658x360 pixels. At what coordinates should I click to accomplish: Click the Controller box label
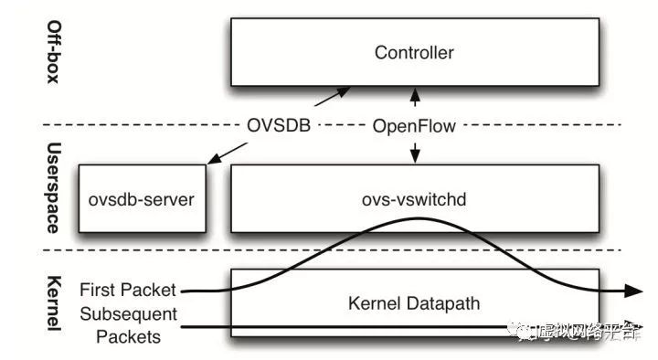(x=414, y=53)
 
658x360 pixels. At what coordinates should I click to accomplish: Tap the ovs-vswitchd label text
(x=414, y=197)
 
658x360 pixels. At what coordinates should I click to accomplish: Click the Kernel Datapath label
(x=414, y=302)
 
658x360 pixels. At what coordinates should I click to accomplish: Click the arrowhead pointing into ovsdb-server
(x=212, y=162)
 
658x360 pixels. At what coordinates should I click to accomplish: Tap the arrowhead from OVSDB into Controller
(x=345, y=90)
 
